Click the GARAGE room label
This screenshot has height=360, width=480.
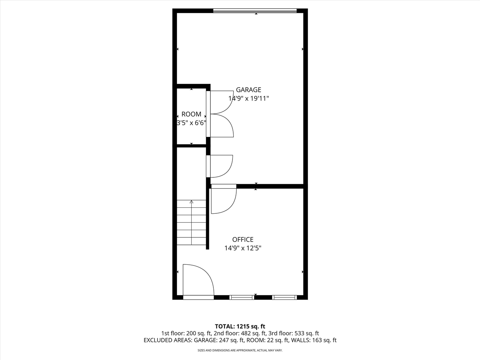pos(248,90)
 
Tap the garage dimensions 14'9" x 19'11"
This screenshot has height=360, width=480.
pos(249,99)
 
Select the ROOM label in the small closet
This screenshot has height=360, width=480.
pos(191,114)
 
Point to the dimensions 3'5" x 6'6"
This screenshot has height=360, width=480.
pos(191,123)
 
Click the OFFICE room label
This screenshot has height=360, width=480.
pos(243,240)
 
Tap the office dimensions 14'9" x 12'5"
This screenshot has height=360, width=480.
pos(243,248)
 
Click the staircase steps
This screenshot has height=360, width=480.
pos(192,225)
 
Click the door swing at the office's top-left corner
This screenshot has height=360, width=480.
pos(223,199)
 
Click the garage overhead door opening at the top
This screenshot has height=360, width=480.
pos(255,11)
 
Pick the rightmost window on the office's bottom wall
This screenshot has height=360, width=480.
pos(284,297)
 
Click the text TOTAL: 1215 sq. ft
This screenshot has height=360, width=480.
pos(240,326)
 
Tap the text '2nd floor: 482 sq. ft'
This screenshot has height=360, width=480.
pos(240,333)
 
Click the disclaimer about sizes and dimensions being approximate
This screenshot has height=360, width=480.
pos(240,351)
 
